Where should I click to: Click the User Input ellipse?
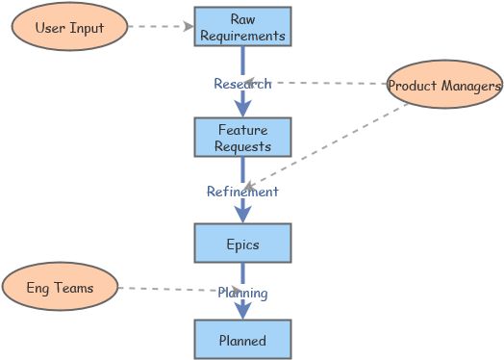pyautogui.click(x=69, y=27)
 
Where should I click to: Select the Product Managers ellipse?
pyautogui.click(x=444, y=87)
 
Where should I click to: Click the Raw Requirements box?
pyautogui.click(x=242, y=27)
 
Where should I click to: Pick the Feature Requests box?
pyautogui.click(x=242, y=139)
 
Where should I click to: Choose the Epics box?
pyautogui.click(x=242, y=244)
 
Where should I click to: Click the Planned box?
pyautogui.click(x=242, y=340)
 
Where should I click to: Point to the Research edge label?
pyautogui.click(x=242, y=84)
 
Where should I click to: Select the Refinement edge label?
pyautogui.click(x=242, y=192)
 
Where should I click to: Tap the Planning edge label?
pyautogui.click(x=242, y=293)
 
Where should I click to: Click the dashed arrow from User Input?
pyautogui.click(x=159, y=27)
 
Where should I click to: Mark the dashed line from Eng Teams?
pyautogui.click(x=168, y=288)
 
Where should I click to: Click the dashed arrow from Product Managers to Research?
pyautogui.click(x=327, y=84)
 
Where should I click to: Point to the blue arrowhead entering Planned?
pyautogui.click(x=242, y=311)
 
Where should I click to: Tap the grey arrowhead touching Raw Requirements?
pyautogui.click(x=189, y=27)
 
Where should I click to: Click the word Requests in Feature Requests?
pyautogui.click(x=242, y=147)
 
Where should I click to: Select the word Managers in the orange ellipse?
pyautogui.click(x=471, y=87)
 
